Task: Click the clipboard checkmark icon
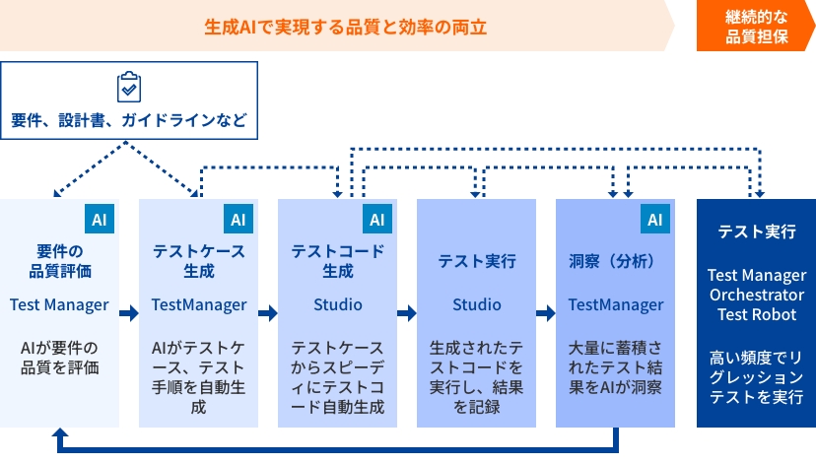pos(128,87)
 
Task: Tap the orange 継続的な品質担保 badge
pos(756,27)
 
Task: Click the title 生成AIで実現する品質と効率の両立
pos(346,27)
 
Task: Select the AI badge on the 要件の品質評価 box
pos(100,219)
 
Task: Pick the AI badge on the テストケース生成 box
pos(238,219)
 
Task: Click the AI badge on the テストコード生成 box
pos(377,219)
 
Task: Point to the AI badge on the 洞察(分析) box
pos(655,219)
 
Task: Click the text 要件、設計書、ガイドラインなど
pos(129,120)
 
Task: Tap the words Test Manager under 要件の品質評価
pos(59,304)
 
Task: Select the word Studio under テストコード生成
pos(338,304)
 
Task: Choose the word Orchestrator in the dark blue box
pos(757,295)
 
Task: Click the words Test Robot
pos(757,314)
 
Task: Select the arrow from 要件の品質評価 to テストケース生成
pos(129,313)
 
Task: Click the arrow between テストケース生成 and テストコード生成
pos(268,313)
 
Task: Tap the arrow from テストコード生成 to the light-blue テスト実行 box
pos(407,313)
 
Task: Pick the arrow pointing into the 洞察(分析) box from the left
pos(546,313)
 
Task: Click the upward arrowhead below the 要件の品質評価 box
pos(60,433)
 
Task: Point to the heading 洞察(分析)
pos(612,261)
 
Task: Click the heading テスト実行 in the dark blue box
pos(757,231)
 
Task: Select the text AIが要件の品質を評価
pos(59,358)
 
